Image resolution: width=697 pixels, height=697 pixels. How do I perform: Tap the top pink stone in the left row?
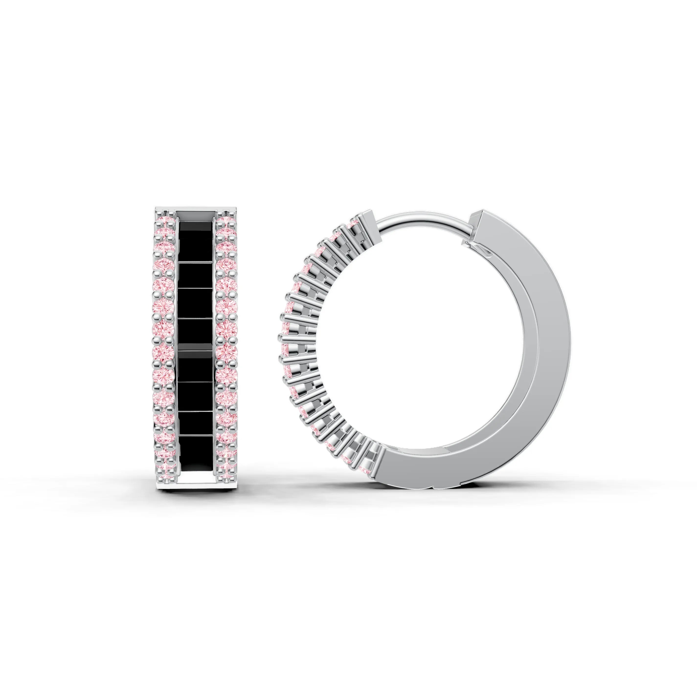click(165, 220)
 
